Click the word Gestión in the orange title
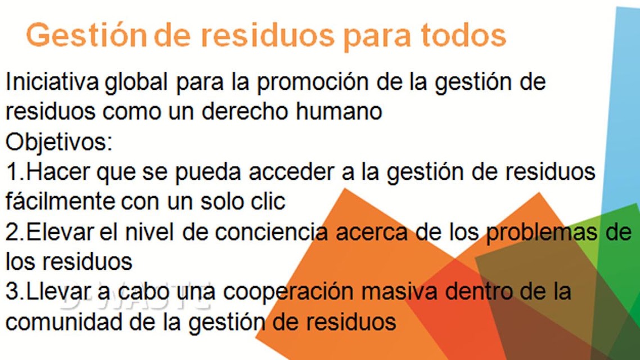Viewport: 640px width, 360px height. (x=85, y=35)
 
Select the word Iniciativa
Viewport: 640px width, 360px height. (x=52, y=82)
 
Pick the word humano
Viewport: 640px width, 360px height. (x=339, y=111)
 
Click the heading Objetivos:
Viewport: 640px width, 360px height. (x=59, y=143)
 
